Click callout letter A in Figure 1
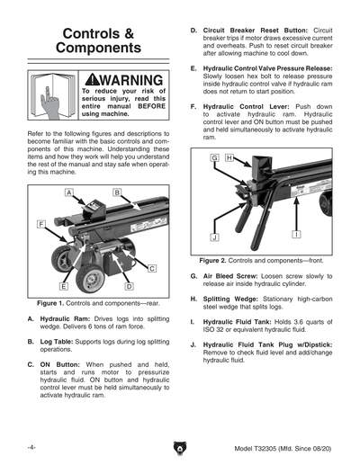68,192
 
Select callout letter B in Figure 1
117,192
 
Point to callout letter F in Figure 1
41,222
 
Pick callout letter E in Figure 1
65,285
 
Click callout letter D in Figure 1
129,285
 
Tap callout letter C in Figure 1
151,268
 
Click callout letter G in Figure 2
215,158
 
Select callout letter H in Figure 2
229,158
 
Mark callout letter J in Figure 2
215,237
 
